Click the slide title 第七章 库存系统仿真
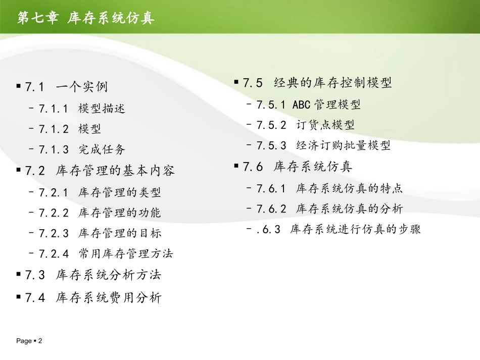86,18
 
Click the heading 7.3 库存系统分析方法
93,275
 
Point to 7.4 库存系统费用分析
93,298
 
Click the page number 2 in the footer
40,341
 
